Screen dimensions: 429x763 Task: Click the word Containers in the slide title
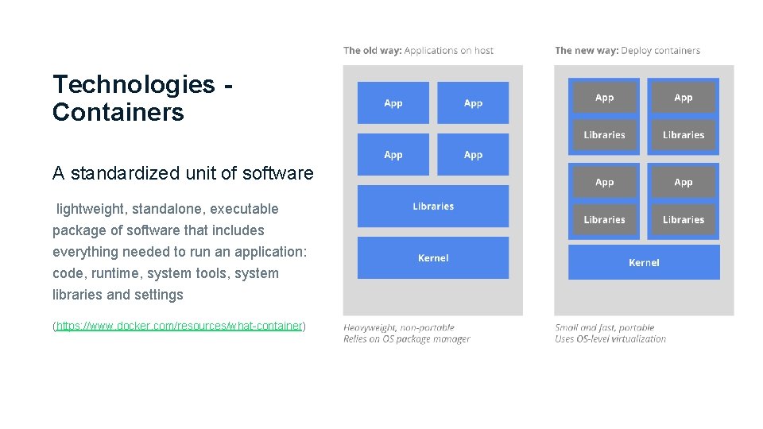point(118,112)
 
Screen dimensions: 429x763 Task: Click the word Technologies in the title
point(134,84)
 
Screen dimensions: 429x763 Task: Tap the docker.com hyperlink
point(180,326)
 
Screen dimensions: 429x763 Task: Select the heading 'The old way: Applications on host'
point(418,51)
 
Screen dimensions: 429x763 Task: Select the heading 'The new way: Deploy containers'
point(627,51)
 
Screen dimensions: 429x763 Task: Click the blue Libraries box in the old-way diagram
point(433,207)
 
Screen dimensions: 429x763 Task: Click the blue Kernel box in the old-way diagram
point(433,258)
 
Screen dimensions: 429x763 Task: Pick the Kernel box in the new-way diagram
point(644,263)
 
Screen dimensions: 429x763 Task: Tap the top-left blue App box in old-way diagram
point(393,103)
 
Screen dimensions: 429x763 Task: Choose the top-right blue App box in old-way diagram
point(473,103)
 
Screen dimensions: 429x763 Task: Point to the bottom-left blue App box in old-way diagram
point(393,155)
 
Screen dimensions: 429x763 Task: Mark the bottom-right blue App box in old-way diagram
point(473,155)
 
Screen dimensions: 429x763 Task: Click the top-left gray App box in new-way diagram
point(605,98)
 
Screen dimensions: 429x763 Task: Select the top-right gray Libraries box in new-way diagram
point(684,135)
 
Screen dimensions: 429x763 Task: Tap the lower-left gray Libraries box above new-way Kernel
point(605,220)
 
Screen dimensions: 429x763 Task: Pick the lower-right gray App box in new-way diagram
point(684,183)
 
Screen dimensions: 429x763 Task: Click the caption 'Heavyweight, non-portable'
point(399,327)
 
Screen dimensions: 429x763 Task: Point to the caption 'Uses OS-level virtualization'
point(610,339)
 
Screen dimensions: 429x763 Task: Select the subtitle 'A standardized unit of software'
point(183,173)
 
